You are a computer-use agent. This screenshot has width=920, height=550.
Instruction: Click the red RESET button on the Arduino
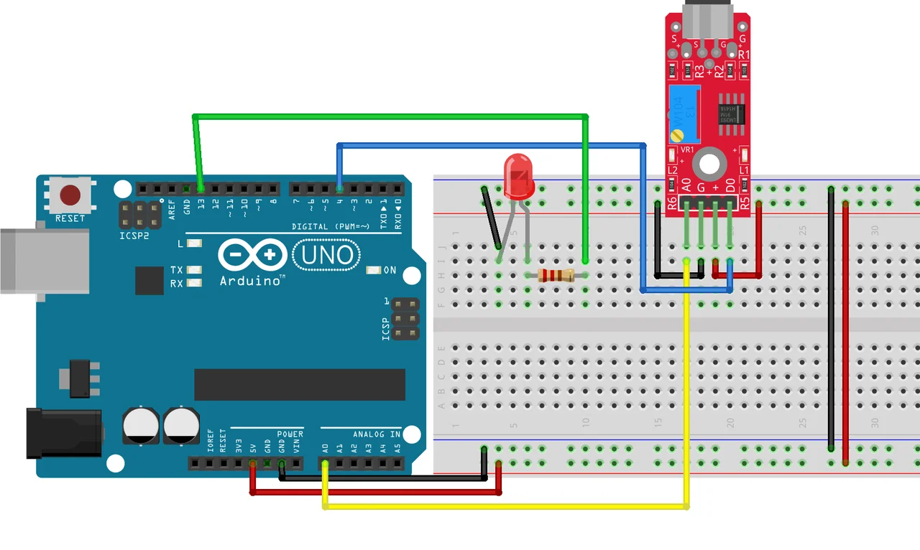click(x=70, y=195)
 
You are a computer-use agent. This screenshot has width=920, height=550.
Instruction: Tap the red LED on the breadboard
click(x=519, y=177)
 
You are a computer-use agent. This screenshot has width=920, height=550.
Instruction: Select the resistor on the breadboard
click(x=556, y=275)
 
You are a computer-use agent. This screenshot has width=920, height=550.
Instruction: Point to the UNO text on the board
click(x=327, y=255)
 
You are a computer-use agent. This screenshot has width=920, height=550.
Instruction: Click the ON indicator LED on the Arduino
click(x=373, y=270)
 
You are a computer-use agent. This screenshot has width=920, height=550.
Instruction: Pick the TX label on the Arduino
click(x=176, y=270)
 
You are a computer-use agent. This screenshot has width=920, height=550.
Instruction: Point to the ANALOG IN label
click(x=377, y=434)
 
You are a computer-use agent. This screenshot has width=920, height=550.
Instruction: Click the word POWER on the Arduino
click(x=290, y=434)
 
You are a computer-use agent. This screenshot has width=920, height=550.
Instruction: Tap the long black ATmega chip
click(x=300, y=385)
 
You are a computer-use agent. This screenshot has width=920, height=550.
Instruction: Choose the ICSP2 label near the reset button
click(x=135, y=234)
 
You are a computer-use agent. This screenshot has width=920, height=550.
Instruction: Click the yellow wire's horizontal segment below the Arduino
click(x=503, y=506)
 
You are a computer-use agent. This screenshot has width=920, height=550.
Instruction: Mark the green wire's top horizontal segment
click(x=388, y=116)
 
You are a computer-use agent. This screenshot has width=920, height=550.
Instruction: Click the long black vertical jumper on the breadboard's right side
click(x=831, y=316)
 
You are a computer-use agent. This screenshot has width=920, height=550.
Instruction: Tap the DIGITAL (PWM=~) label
click(x=331, y=226)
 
